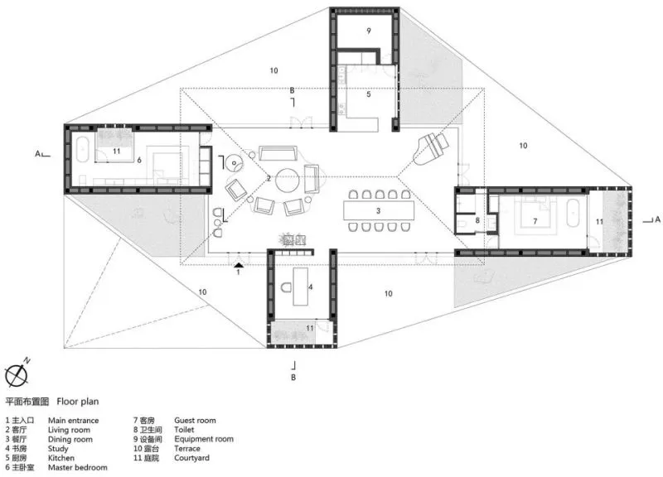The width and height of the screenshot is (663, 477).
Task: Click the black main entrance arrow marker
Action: (x=239, y=265)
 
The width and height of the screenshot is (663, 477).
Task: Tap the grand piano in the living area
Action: (x=430, y=148)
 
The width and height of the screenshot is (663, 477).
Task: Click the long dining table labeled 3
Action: (x=379, y=210)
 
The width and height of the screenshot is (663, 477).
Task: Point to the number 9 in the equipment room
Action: (x=369, y=31)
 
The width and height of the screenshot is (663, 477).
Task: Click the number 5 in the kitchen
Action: (x=368, y=94)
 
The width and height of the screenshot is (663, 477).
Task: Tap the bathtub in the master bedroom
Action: (x=82, y=149)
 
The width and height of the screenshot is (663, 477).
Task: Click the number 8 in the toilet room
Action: (x=477, y=220)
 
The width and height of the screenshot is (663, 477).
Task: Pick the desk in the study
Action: (x=301, y=286)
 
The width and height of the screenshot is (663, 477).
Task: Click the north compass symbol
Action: (x=17, y=373)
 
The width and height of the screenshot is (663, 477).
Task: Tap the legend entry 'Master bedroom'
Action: (x=77, y=467)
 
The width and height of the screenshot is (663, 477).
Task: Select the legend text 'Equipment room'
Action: (x=204, y=439)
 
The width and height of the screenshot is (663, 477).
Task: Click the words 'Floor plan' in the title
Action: (x=78, y=402)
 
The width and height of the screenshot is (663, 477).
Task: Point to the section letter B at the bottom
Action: (x=293, y=378)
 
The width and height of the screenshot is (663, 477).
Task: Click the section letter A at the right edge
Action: (x=657, y=219)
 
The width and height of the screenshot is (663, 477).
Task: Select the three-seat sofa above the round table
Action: (x=278, y=153)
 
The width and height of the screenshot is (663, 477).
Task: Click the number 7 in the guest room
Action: (x=535, y=221)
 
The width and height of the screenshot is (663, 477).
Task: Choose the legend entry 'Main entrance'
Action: (x=73, y=421)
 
